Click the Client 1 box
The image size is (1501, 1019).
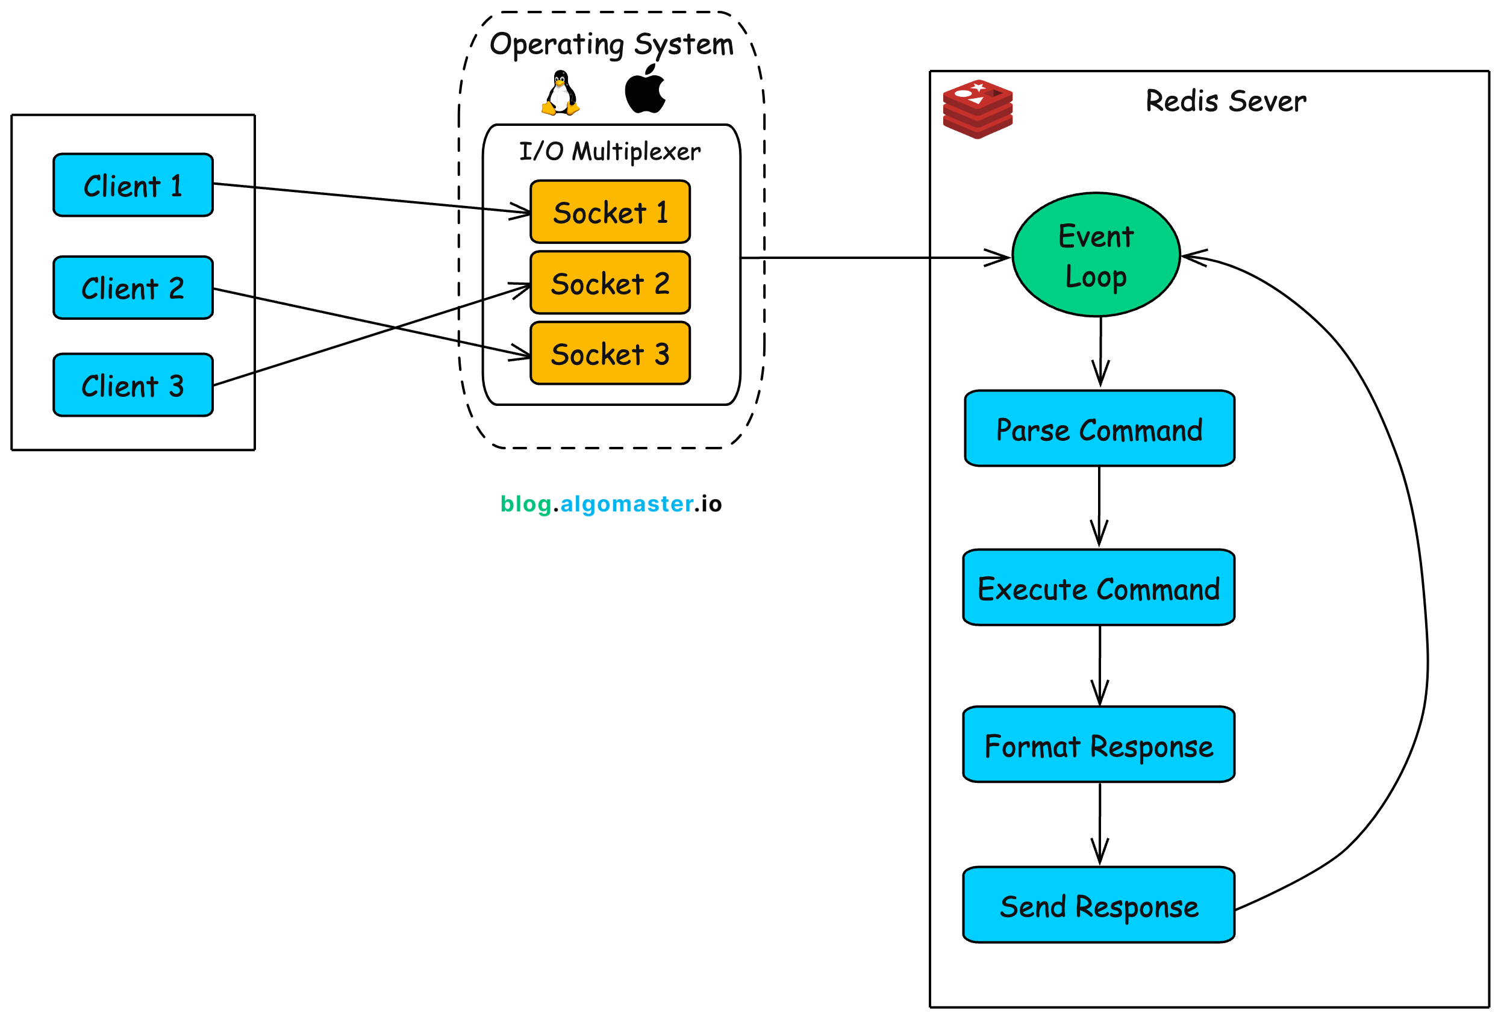point(133,185)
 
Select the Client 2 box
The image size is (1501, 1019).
point(133,288)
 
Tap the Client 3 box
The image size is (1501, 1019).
point(133,385)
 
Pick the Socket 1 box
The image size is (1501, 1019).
point(610,212)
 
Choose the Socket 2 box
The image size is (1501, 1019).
point(610,283)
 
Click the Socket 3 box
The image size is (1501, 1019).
point(610,354)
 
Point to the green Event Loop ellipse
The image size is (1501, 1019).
point(1096,255)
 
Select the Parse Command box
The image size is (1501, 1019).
point(1099,429)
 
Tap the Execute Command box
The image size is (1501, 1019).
point(1099,588)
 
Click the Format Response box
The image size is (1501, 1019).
point(1099,744)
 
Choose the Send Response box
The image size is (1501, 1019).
point(1099,905)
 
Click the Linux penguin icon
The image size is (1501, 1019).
point(560,93)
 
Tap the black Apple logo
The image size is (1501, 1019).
point(644,90)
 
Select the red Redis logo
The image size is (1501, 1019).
point(977,109)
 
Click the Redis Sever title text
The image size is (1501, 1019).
point(1225,101)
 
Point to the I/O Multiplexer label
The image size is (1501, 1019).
point(610,152)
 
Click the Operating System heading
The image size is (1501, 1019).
point(611,45)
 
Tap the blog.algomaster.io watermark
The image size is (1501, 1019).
point(611,503)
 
